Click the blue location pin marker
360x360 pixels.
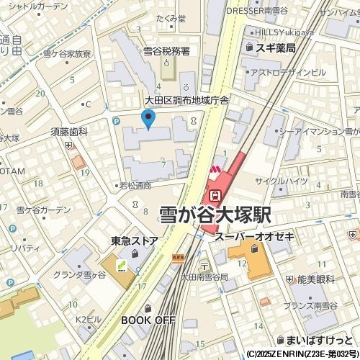149,119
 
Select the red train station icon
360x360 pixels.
215,195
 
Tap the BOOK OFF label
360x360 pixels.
148,319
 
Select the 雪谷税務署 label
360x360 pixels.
166,51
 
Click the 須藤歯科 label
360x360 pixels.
69,132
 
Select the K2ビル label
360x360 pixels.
88,318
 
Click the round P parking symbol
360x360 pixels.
116,122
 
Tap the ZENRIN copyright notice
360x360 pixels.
302,354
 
